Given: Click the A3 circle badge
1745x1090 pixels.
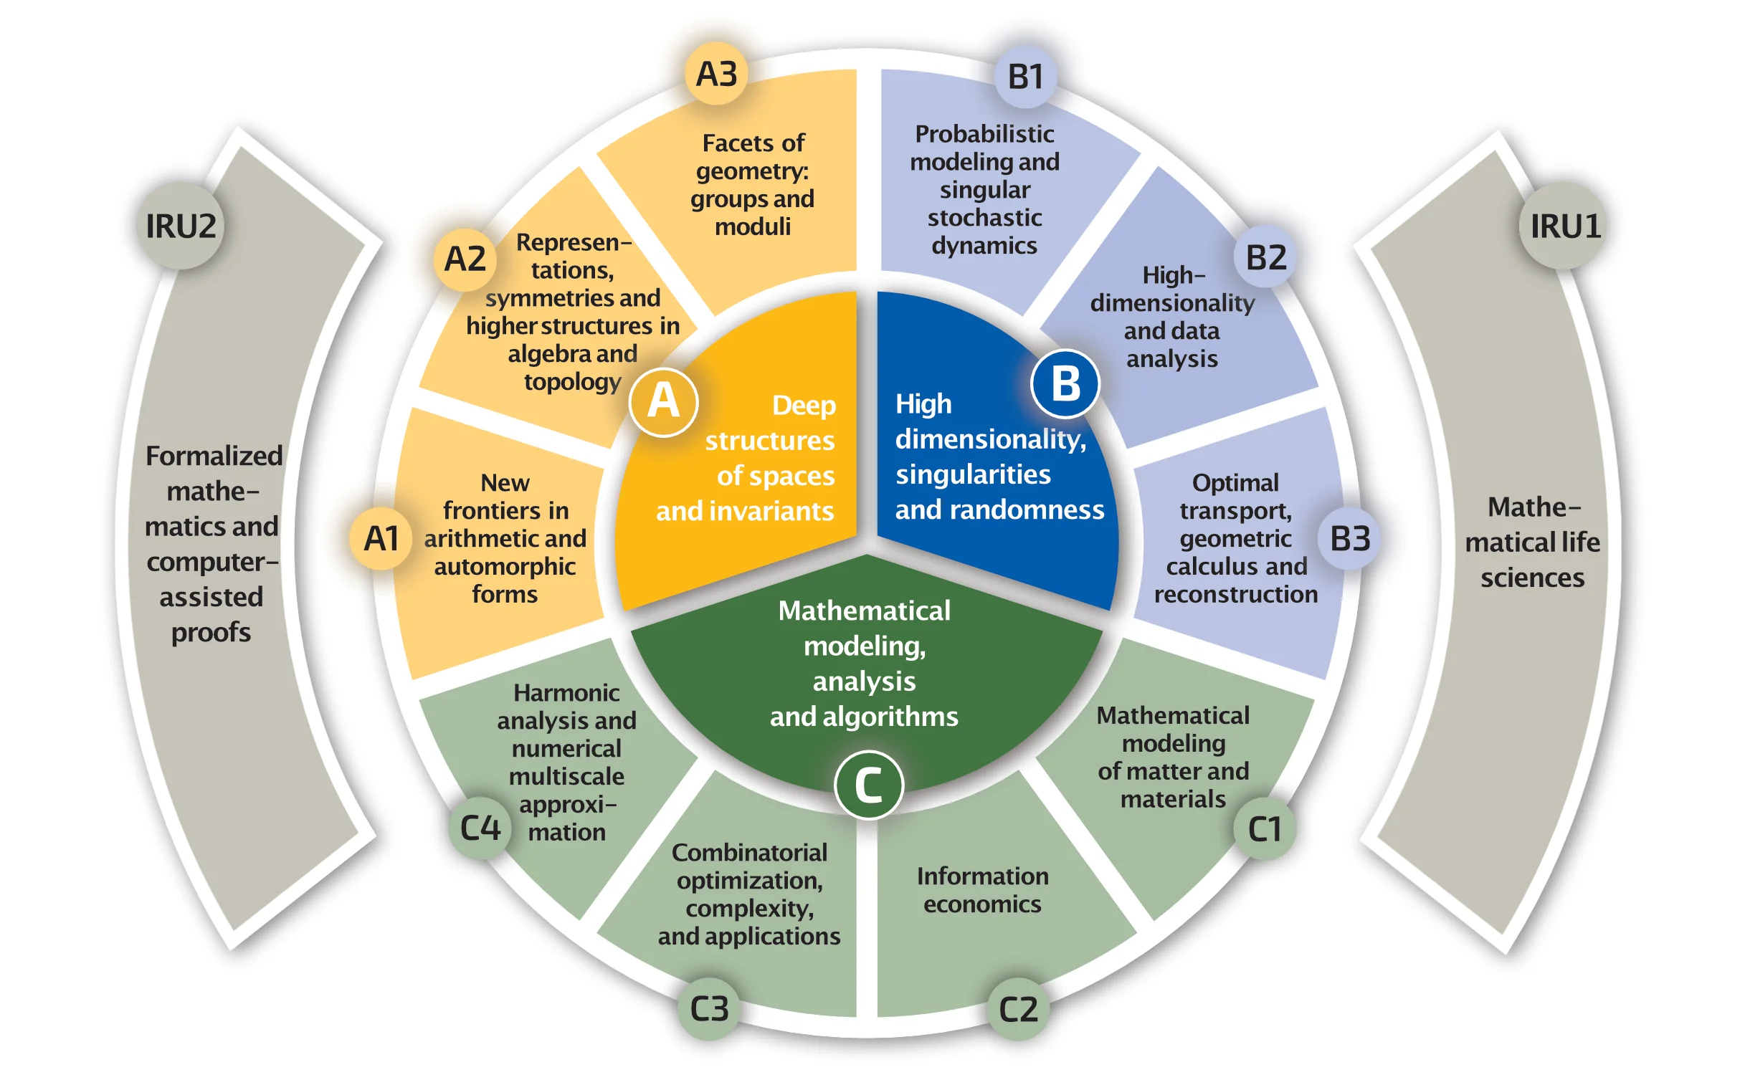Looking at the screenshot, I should (x=716, y=74).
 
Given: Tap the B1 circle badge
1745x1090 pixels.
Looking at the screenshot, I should (x=1025, y=77).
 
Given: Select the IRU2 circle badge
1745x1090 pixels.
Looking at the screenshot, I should (x=181, y=226).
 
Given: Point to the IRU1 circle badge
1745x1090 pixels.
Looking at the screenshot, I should (x=1565, y=226).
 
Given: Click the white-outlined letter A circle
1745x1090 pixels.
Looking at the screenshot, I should (x=663, y=401).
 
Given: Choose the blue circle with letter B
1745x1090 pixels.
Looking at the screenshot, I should (x=1065, y=383).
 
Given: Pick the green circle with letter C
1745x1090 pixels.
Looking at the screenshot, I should (x=868, y=784).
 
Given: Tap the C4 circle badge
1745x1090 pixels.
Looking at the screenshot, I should (x=480, y=828).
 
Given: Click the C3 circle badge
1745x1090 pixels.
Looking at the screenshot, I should (x=710, y=1008).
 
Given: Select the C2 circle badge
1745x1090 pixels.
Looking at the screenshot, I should (x=1018, y=1009).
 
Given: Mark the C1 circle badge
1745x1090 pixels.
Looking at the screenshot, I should (x=1265, y=829).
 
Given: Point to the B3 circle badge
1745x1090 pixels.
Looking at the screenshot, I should (x=1350, y=538).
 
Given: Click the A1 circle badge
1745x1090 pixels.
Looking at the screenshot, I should (x=381, y=539).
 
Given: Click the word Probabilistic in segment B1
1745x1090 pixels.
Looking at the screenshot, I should (x=984, y=134).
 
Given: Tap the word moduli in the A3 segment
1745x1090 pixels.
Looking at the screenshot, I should (x=753, y=227).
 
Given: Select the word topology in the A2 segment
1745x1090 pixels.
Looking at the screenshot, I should (x=573, y=381).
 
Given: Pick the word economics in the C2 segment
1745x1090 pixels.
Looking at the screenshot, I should (x=982, y=904).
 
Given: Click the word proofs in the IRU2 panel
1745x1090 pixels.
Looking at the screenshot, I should (x=211, y=633).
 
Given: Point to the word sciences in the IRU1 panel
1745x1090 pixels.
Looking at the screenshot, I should (x=1532, y=578).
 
